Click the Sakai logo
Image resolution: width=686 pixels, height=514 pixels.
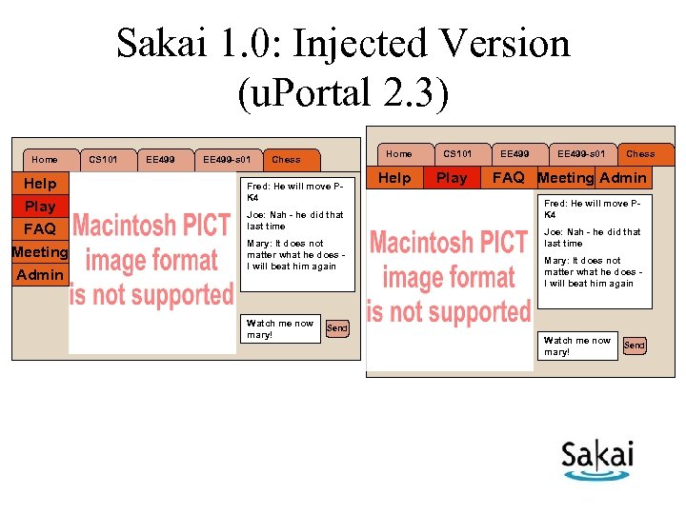click(x=596, y=460)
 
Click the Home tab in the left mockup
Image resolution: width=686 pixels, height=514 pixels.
click(x=44, y=160)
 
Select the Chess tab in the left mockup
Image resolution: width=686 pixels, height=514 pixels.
click(x=286, y=160)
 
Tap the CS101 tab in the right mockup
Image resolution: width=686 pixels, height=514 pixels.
click(x=457, y=154)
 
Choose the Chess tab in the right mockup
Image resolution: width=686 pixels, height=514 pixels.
click(x=640, y=154)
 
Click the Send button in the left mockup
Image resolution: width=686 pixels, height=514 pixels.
click(x=337, y=328)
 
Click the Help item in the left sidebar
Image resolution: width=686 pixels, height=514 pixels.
click(x=40, y=184)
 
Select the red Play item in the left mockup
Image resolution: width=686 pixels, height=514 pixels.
click(x=40, y=207)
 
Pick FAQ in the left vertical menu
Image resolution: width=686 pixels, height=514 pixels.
click(x=40, y=229)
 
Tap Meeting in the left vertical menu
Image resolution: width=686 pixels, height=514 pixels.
click(x=40, y=252)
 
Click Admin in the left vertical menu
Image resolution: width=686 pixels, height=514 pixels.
click(x=40, y=275)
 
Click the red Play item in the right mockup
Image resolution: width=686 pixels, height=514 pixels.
click(x=452, y=178)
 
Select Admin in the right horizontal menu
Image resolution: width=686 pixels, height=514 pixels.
click(x=622, y=178)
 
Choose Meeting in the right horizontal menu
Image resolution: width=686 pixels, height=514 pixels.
click(x=565, y=178)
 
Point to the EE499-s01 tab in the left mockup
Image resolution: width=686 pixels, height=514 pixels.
click(x=227, y=160)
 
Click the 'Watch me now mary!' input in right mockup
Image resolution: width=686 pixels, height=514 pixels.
click(x=577, y=346)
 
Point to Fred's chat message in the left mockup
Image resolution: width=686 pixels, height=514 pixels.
click(x=295, y=191)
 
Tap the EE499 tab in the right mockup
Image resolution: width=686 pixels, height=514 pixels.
click(x=514, y=154)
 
